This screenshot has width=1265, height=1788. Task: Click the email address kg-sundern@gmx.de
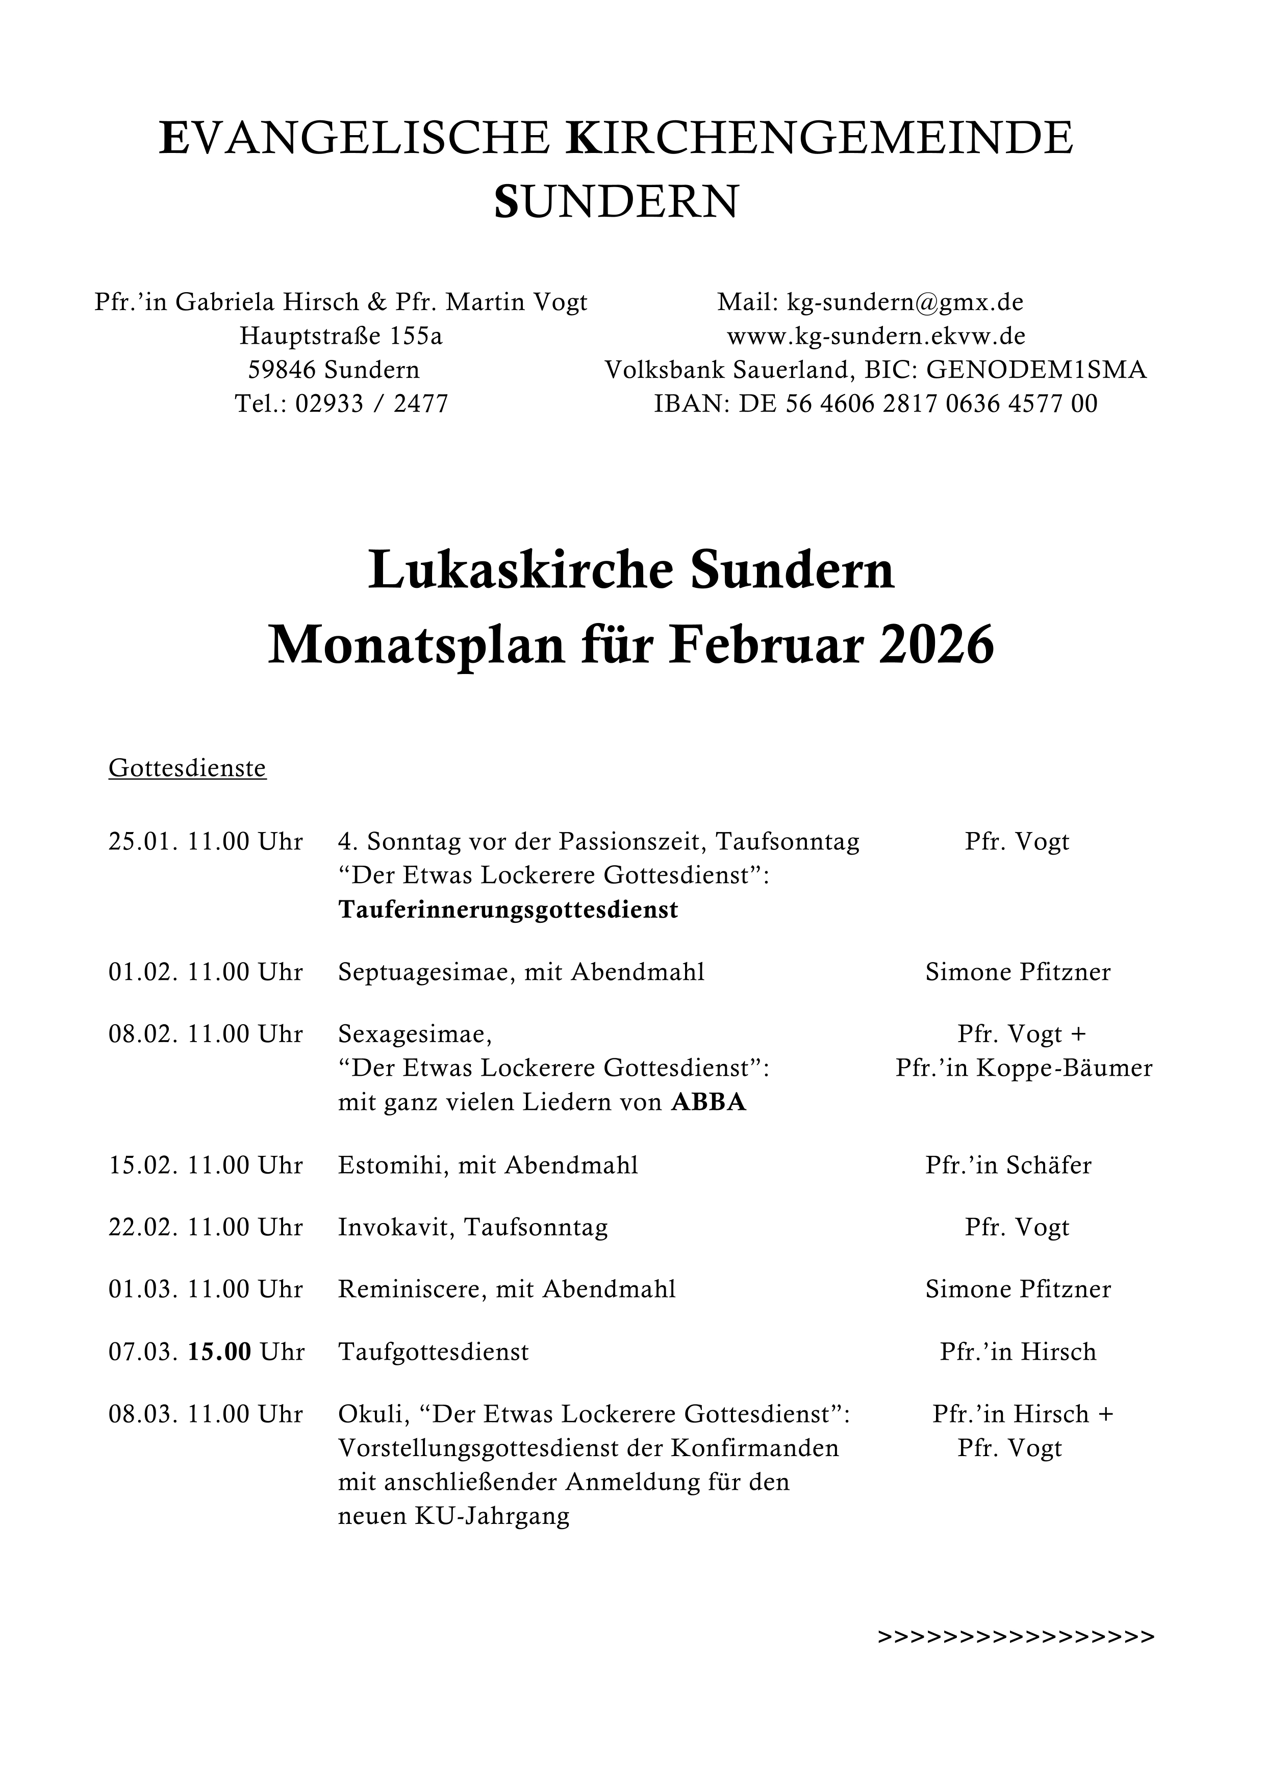point(904,302)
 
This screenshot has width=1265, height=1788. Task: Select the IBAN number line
point(875,403)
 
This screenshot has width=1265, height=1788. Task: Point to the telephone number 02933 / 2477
point(371,403)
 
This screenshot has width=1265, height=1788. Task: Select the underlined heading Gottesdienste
point(187,769)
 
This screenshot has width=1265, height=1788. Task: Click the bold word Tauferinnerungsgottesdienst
point(508,911)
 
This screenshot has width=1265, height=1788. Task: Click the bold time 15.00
point(220,1352)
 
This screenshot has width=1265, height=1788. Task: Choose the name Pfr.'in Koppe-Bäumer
point(1024,1069)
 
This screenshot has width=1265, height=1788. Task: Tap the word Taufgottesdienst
point(433,1352)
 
